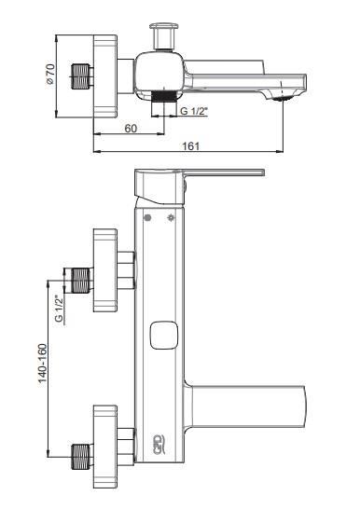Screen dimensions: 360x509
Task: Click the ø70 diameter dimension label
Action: click(x=50, y=74)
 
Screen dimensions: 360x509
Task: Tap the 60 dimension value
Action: click(x=131, y=129)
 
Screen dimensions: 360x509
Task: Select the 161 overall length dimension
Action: click(x=190, y=146)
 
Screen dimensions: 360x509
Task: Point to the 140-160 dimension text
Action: click(x=43, y=364)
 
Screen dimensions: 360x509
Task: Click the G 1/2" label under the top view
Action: click(x=194, y=111)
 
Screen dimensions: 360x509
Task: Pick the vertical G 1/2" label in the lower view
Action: click(x=60, y=308)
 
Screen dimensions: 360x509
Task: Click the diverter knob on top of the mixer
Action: click(x=163, y=35)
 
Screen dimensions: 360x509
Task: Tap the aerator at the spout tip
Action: click(x=282, y=99)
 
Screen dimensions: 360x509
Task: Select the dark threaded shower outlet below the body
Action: click(x=164, y=96)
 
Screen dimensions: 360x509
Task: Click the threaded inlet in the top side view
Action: click(x=80, y=76)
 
